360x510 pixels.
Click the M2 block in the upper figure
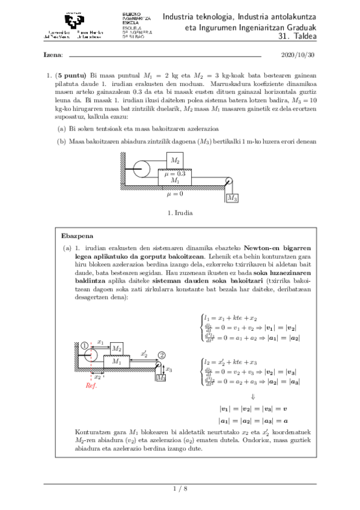(175, 160)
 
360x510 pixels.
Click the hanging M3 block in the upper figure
(231, 197)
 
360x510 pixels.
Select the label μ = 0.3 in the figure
(175, 173)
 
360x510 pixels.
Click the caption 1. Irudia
(180, 213)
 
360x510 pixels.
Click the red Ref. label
(91, 386)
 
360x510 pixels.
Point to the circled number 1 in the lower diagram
(85, 345)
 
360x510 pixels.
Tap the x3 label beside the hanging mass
(169, 370)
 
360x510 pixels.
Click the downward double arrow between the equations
(252, 396)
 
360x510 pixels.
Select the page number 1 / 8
(180, 488)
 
